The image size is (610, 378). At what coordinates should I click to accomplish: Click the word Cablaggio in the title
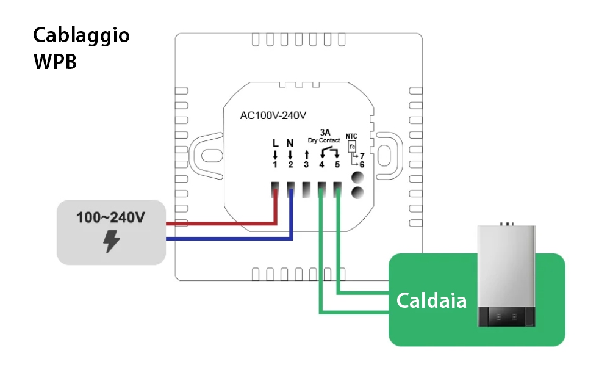tap(81, 35)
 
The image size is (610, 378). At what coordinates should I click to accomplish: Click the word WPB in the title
tap(55, 62)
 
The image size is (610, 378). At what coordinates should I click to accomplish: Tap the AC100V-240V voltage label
tap(273, 115)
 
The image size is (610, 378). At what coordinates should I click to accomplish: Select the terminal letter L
tap(275, 144)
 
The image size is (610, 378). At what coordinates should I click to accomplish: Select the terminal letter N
tap(290, 144)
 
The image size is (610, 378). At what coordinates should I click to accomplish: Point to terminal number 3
tap(306, 165)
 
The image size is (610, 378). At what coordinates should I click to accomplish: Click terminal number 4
tap(321, 165)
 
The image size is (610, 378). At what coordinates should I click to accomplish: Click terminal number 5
tap(337, 165)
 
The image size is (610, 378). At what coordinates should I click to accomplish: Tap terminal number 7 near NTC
tap(362, 156)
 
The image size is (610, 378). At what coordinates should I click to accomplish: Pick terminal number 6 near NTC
tap(362, 165)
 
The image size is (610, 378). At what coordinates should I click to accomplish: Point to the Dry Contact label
tap(324, 140)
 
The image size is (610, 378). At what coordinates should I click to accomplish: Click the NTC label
tap(351, 136)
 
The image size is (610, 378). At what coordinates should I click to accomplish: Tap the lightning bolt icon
tap(111, 242)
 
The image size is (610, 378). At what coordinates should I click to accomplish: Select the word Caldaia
tap(431, 300)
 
